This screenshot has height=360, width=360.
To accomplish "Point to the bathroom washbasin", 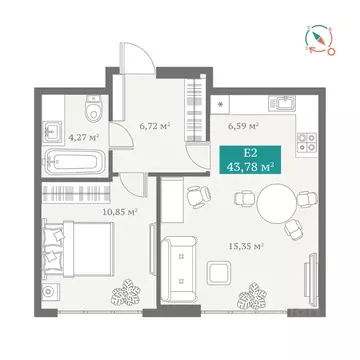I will click(53, 130).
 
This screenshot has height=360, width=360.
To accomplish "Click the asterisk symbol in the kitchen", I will click(218, 103).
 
